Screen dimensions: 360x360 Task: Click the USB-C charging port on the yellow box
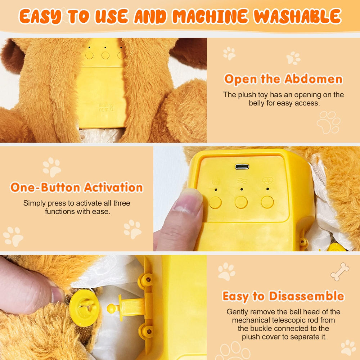[242, 166]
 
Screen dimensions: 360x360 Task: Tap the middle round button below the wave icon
[241, 202]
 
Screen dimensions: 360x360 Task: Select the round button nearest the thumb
[215, 202]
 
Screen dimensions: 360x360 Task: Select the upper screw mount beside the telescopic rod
[145, 281]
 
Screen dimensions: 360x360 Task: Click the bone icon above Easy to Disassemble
[339, 271]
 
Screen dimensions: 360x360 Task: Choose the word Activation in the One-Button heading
[113, 188]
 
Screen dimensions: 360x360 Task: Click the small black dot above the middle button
[241, 189]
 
